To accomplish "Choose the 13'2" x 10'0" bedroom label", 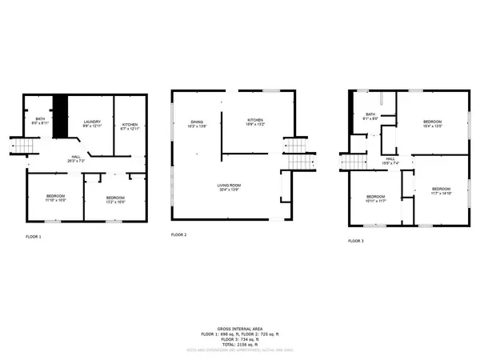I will pyautogui.click(x=115, y=198).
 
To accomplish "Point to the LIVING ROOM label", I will pyautogui.click(x=229, y=187).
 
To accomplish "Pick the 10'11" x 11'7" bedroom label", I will pyautogui.click(x=376, y=198).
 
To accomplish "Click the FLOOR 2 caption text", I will pyautogui.click(x=179, y=235).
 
